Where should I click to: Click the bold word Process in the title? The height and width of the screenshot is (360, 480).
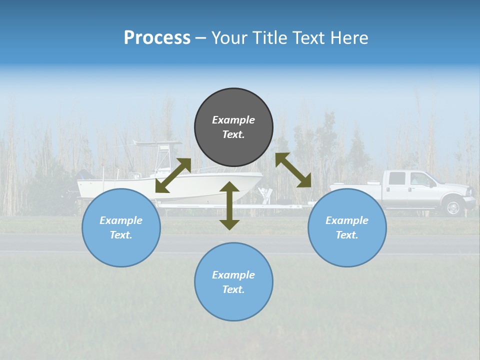(x=157, y=38)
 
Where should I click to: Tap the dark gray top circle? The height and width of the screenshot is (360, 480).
(x=233, y=127)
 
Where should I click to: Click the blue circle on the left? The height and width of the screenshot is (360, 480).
(x=121, y=227)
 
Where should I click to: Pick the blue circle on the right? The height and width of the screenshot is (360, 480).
(x=347, y=227)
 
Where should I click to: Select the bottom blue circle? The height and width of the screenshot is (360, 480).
(x=233, y=282)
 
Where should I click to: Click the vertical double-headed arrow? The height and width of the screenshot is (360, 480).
(x=229, y=205)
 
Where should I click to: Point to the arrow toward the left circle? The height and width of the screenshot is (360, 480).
(x=173, y=175)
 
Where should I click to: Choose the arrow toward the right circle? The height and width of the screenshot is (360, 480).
(x=293, y=170)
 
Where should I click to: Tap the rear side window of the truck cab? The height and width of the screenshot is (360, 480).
(x=397, y=178)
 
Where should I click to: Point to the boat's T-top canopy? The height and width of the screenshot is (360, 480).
(x=157, y=144)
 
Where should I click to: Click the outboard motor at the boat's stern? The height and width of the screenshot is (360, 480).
(x=83, y=176)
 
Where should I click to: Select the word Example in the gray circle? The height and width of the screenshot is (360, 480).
(x=233, y=120)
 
